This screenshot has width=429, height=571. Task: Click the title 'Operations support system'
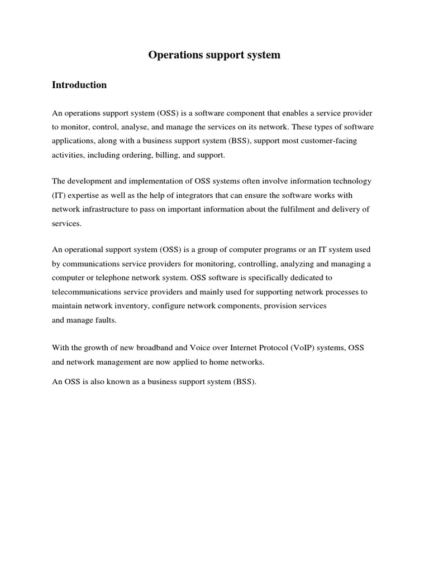[214, 55]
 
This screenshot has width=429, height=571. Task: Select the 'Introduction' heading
[79, 85]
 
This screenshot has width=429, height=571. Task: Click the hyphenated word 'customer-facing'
[330, 141]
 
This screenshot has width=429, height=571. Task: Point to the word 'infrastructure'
[103, 209]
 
